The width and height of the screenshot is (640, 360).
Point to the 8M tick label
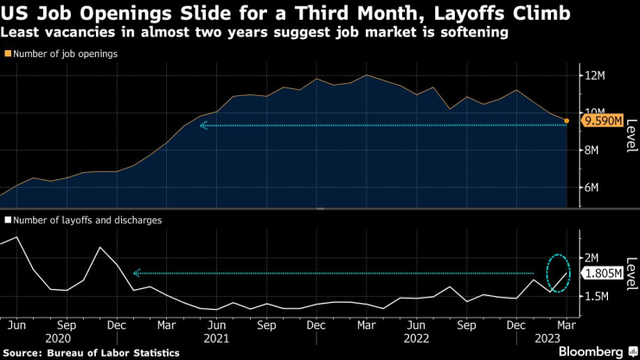(590, 151)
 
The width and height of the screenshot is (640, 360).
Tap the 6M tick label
(590, 188)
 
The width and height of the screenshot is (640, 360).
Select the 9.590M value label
(602, 121)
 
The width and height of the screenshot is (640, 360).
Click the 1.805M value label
(602, 273)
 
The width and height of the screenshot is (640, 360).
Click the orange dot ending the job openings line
(566, 121)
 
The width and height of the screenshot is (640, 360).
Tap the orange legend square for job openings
(8, 54)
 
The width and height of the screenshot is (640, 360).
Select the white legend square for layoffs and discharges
(8, 221)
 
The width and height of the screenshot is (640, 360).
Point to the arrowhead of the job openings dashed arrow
(203, 125)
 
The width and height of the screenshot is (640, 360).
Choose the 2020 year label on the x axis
(58, 339)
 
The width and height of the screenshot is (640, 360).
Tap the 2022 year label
(416, 339)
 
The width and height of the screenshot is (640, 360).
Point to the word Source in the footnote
(26, 352)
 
